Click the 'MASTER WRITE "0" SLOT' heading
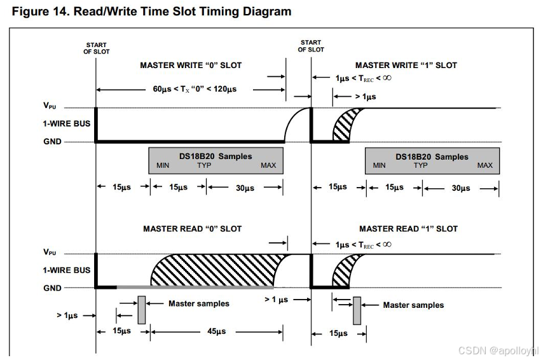click(191, 65)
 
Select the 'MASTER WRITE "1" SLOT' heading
click(406, 65)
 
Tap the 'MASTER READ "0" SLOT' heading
click(192, 228)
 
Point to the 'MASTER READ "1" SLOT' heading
click(408, 228)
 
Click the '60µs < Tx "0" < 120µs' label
click(195, 89)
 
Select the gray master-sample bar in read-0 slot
click(141, 310)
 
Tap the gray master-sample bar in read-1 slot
click(357, 310)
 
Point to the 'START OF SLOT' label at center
click(311, 46)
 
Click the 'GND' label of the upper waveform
click(53, 142)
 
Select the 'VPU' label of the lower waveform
click(50, 253)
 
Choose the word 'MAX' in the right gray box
click(484, 166)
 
